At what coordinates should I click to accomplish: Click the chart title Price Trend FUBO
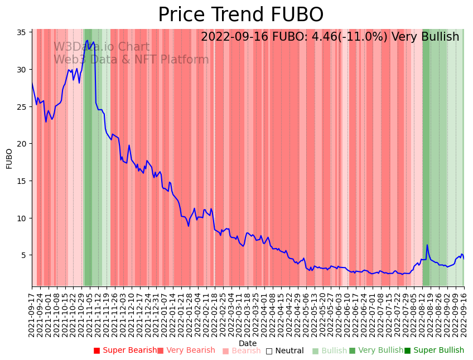[240, 15]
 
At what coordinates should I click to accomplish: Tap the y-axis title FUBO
[9, 158]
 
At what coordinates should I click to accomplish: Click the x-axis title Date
[248, 343]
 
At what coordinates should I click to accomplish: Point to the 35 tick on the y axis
[24, 32]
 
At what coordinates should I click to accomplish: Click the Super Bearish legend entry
[126, 351]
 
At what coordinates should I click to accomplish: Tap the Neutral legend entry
[284, 351]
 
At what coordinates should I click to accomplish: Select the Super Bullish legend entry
[434, 351]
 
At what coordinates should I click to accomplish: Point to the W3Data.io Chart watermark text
[102, 47]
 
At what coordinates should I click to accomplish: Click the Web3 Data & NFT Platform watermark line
[131, 60]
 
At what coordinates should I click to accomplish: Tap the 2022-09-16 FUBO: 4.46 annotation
[330, 37]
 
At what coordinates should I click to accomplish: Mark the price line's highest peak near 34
[87, 40]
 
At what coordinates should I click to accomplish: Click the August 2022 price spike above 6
[427, 245]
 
